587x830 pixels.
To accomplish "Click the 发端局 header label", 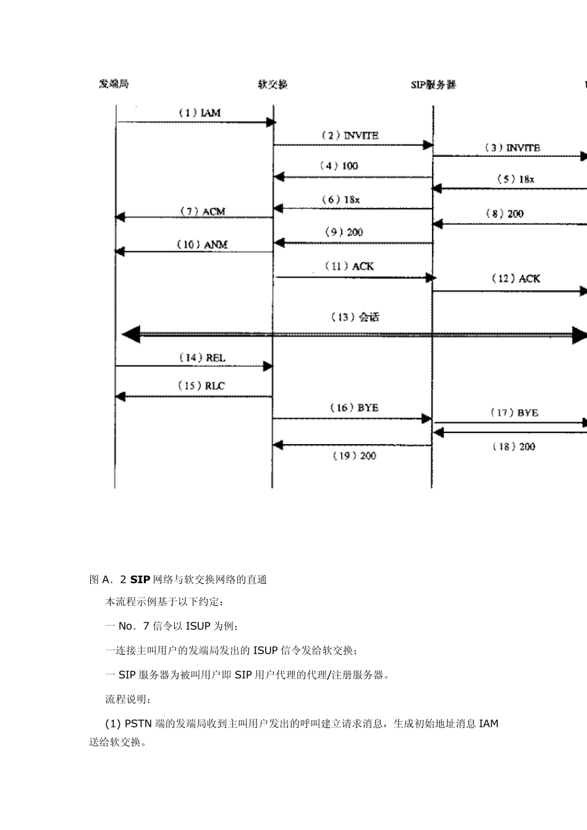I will click(114, 83).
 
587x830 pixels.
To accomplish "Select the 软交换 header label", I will click(272, 84).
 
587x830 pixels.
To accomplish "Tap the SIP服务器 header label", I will click(433, 85).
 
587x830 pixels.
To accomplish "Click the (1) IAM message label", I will click(199, 113).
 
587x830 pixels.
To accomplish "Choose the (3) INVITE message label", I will click(512, 148).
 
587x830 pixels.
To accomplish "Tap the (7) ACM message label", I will click(202, 211).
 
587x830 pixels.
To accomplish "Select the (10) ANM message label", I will click(202, 245).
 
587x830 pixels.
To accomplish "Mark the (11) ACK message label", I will click(350, 266).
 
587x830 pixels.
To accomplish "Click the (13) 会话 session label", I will click(355, 317).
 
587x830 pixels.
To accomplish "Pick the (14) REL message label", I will click(202, 358).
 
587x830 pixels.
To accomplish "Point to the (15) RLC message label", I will click(201, 385).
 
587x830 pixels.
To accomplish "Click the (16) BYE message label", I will click(354, 408).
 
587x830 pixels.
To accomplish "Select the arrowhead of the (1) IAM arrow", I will click(271, 123).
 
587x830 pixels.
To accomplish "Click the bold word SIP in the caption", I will click(140, 579).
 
